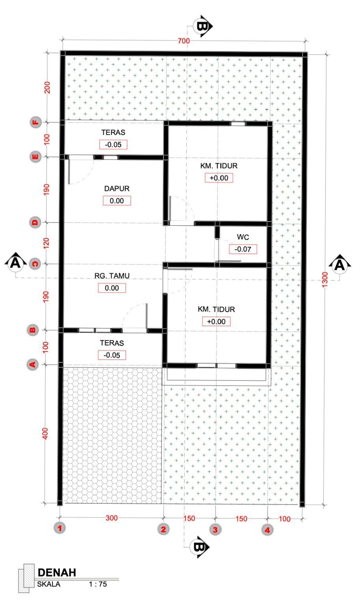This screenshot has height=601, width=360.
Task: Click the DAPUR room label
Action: point(117,189)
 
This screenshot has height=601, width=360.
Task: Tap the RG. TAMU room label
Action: point(112,276)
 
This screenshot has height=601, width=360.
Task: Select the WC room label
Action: point(243,237)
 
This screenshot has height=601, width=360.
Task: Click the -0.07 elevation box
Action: point(243,249)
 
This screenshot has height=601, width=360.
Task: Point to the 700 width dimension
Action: point(184,41)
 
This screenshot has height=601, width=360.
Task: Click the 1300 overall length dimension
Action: point(325,279)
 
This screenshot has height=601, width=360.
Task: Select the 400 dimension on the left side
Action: point(45,434)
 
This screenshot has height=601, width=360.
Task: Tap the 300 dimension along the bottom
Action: point(111,518)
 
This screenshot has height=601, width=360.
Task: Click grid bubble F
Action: point(35,122)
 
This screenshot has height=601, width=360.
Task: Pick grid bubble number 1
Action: point(59,528)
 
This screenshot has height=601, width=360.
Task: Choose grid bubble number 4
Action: point(267,530)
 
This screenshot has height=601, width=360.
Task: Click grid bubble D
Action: point(35,222)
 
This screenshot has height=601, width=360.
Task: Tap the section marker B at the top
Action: point(202,26)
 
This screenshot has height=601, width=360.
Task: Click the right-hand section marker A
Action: point(340,265)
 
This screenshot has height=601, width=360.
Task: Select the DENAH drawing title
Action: point(57,573)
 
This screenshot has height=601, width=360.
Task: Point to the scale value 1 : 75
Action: point(98,584)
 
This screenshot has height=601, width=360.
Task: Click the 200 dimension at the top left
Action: point(47,87)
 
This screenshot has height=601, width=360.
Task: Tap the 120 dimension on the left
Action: point(46,243)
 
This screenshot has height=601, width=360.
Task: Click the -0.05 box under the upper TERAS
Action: point(113,145)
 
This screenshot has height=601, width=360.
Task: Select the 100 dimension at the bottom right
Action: point(285,519)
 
